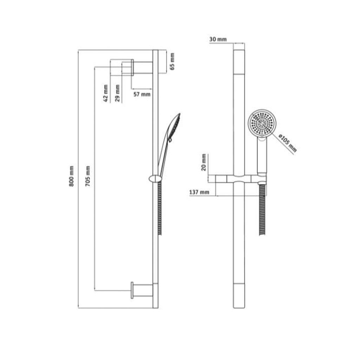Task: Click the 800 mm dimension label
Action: tap(72, 176)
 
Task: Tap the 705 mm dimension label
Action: tap(88, 176)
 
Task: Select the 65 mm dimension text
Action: tap(172, 61)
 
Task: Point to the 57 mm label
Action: tap(142, 94)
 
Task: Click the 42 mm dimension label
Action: tap(105, 93)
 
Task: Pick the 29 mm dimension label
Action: tap(117, 93)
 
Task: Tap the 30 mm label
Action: tap(218, 39)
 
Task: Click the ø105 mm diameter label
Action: tap(288, 143)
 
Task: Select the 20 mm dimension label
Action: tap(204, 162)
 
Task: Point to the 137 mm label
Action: tap(199, 192)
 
